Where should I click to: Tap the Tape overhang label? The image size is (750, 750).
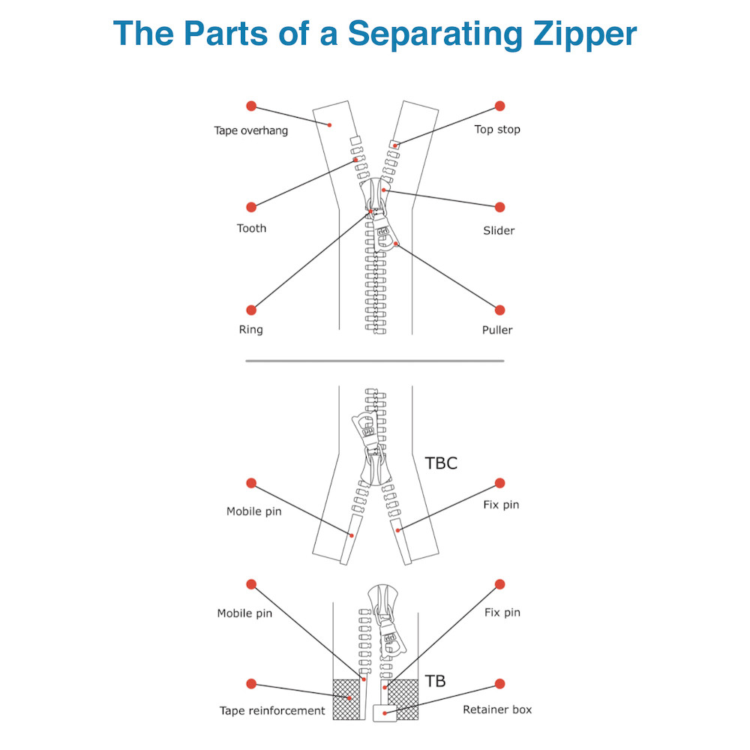click(x=250, y=130)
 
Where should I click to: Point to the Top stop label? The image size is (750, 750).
click(x=496, y=129)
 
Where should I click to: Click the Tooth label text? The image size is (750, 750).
click(x=251, y=228)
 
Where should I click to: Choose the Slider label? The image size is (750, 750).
click(x=499, y=230)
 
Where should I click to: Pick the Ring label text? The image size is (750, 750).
click(x=251, y=329)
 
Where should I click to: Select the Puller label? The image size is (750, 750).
click(x=497, y=329)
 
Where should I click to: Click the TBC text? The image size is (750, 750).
click(x=441, y=463)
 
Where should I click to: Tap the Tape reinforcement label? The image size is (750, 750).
click(x=272, y=710)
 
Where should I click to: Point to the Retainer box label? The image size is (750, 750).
click(x=496, y=709)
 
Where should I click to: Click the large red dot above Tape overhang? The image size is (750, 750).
click(x=251, y=106)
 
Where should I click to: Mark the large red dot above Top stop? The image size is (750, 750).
click(x=499, y=106)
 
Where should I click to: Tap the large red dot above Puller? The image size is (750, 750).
click(x=499, y=310)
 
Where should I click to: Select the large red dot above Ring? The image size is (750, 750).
click(x=251, y=310)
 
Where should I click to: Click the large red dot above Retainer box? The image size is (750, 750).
click(x=499, y=684)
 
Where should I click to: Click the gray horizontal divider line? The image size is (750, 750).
click(x=375, y=361)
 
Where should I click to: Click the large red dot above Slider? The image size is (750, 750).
click(x=499, y=207)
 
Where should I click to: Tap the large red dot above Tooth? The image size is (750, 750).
click(x=251, y=207)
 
